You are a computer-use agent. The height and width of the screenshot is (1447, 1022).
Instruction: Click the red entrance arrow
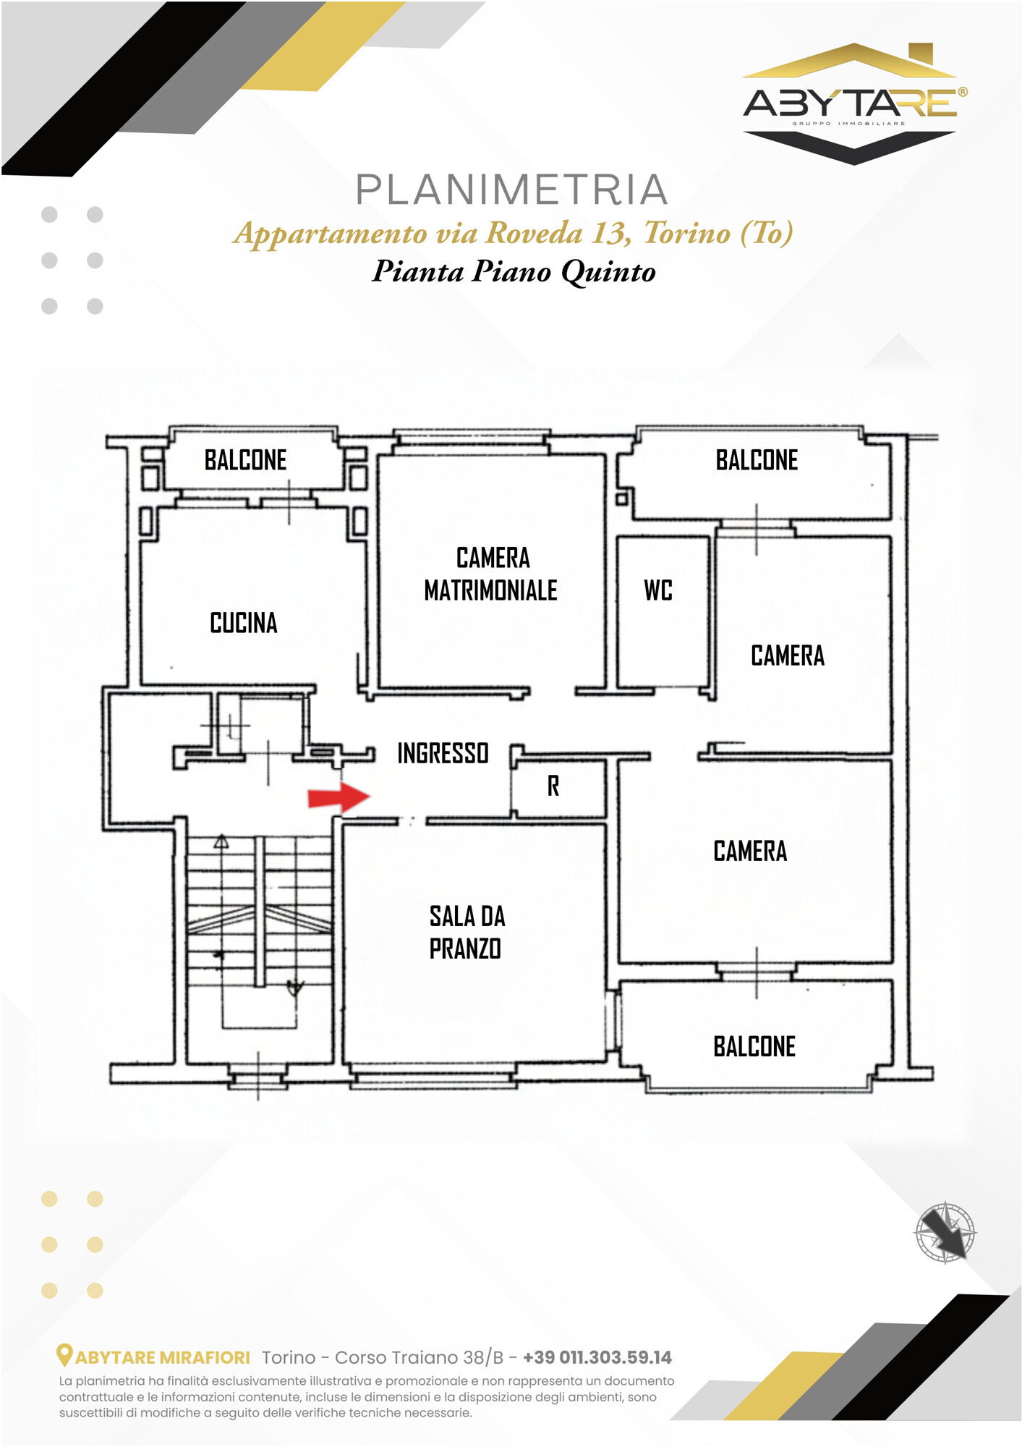pos(338,797)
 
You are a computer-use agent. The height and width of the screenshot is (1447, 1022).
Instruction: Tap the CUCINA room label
pos(244,623)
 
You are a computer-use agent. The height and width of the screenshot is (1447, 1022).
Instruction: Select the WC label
pos(658,590)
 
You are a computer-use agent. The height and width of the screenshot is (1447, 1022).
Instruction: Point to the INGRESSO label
pos(443,753)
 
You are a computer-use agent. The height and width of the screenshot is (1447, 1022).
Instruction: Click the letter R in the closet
pos(553,786)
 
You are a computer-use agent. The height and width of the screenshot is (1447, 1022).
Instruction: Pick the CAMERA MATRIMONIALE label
pos(491,574)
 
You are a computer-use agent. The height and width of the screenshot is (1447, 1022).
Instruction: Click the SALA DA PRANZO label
pos(467,933)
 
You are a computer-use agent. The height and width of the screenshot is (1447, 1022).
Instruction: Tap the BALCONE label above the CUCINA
pos(245,460)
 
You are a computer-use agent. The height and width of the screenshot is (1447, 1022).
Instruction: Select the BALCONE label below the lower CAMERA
pos(754,1047)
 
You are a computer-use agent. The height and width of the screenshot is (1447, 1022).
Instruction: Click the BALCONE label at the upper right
pos(757,460)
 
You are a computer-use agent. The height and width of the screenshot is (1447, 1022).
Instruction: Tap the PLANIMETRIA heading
pos(511,190)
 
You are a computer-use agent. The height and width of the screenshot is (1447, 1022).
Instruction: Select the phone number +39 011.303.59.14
pos(597,1357)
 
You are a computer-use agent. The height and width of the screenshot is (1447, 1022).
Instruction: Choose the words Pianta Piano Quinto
pos(514,271)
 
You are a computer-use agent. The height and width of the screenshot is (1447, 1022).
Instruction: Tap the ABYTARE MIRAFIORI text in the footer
pos(163,1358)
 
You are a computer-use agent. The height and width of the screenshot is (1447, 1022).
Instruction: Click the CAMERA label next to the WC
pos(788,655)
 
